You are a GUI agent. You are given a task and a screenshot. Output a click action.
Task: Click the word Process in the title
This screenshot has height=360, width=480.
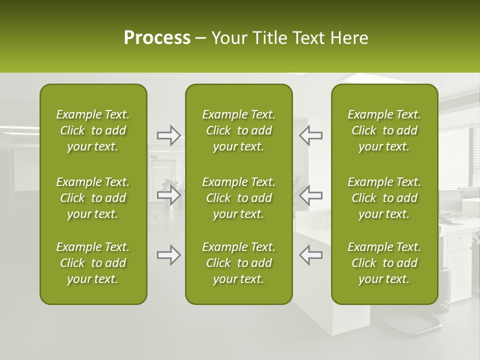pyautogui.click(x=157, y=38)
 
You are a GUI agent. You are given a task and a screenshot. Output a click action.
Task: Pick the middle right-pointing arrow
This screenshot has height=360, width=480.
pyautogui.click(x=168, y=195)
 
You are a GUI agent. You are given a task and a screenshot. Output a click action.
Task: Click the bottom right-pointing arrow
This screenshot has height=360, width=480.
pyautogui.click(x=168, y=255)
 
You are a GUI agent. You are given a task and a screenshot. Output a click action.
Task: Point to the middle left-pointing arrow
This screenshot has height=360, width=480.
pyautogui.click(x=310, y=195)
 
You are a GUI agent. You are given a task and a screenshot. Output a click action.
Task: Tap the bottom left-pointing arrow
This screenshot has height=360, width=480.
pyautogui.click(x=310, y=255)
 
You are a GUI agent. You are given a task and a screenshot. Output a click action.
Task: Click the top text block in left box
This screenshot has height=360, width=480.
pyautogui.click(x=93, y=130)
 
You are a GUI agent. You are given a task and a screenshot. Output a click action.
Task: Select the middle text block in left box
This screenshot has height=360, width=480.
pyautogui.click(x=93, y=198)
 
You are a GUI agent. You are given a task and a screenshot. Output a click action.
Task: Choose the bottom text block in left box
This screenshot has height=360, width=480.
pyautogui.click(x=93, y=263)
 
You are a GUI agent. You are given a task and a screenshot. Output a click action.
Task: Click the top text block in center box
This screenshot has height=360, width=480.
pyautogui.click(x=238, y=130)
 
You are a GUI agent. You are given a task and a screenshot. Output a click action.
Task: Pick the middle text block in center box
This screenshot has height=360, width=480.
pyautogui.click(x=238, y=198)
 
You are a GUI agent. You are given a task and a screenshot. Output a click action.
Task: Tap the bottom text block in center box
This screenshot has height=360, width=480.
pyautogui.click(x=238, y=263)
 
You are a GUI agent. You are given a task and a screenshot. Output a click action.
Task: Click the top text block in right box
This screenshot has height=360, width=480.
pyautogui.click(x=384, y=130)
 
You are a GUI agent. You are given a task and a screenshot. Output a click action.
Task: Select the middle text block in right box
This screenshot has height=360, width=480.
pyautogui.click(x=384, y=198)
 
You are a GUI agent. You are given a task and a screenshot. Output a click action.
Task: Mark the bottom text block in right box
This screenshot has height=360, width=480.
pyautogui.click(x=384, y=263)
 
